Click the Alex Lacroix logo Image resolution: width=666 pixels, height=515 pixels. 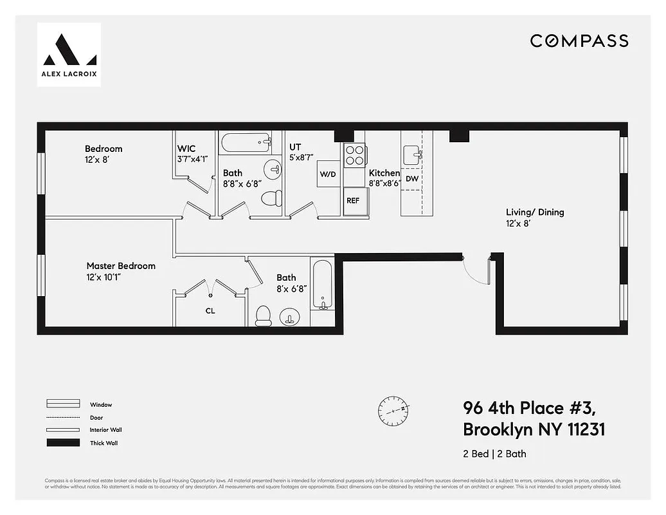[x=69, y=54]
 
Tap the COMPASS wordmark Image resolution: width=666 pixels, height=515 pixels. [x=579, y=41]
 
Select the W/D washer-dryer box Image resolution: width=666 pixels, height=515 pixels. [x=328, y=174]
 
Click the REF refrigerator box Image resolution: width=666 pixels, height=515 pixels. [x=353, y=200]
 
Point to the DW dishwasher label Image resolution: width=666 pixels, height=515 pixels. [x=412, y=179]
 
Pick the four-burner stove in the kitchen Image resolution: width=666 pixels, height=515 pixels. [x=354, y=155]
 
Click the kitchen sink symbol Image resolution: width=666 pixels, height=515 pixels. [x=412, y=154]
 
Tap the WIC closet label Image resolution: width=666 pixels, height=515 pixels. [x=186, y=149]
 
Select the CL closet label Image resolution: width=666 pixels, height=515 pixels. [x=210, y=311]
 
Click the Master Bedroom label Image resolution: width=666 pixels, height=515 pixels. [x=121, y=266]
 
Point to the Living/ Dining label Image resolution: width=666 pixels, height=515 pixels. [x=535, y=212]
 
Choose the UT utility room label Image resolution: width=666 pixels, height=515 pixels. [x=295, y=147]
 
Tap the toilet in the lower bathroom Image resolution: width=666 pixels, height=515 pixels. [x=263, y=315]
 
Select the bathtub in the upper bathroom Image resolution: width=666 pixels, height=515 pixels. [x=245, y=142]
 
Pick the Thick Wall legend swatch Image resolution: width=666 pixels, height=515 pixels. [x=63, y=443]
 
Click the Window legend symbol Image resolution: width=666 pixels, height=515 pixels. [x=63, y=404]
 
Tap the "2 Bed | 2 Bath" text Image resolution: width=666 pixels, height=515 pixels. [x=494, y=454]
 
